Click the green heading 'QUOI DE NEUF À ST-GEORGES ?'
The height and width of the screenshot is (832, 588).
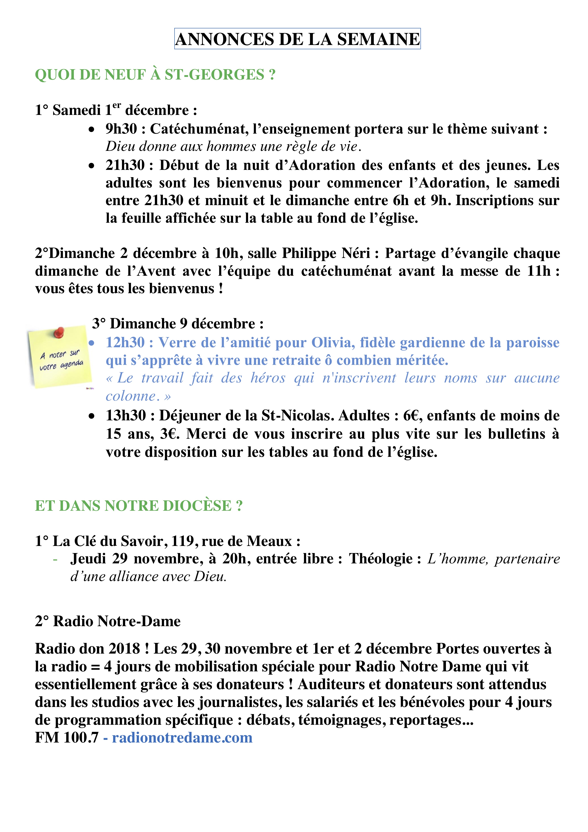tap(155, 75)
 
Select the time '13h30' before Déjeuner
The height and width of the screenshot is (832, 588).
tap(125, 416)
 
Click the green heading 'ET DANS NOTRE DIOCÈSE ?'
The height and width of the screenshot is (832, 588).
tap(138, 506)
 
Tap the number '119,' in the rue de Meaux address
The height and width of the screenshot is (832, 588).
tap(185, 541)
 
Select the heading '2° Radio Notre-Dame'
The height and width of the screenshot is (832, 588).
tap(108, 621)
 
